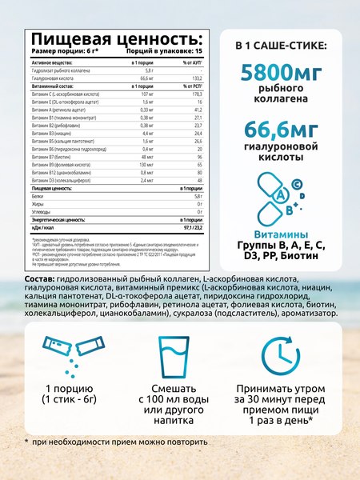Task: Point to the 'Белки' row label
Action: click(38, 196)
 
